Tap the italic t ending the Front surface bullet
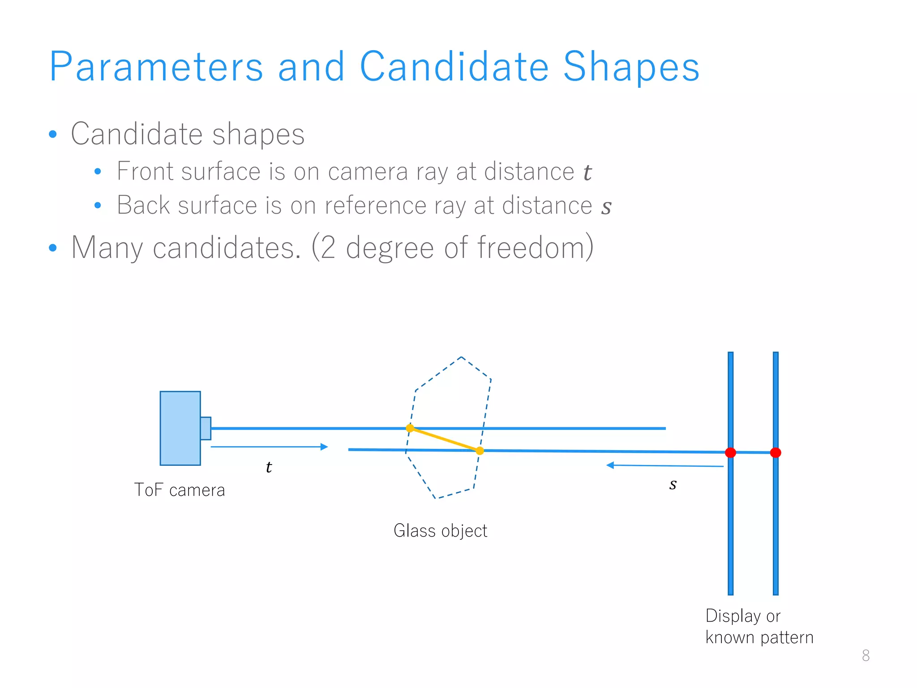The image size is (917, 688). pos(587,172)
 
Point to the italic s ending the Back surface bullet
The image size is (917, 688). pos(606,207)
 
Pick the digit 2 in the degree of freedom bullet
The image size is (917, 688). pos(328,247)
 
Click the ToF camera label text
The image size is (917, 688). pos(179,490)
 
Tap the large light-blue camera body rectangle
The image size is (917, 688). pos(180,428)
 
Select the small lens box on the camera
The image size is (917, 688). pos(206,428)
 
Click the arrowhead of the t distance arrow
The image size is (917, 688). pos(325,447)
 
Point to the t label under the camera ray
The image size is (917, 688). pos(268,467)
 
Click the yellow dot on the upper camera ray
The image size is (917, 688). pos(410,428)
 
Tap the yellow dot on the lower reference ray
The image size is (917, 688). pos(480,451)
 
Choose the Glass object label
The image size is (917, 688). pos(440,531)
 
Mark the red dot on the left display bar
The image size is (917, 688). pos(730,452)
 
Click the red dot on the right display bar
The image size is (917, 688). pos(776,452)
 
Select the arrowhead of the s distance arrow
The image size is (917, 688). pos(610,465)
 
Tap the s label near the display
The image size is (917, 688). pos(673,485)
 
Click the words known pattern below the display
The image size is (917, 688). pos(759,637)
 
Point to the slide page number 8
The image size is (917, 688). pos(866,655)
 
